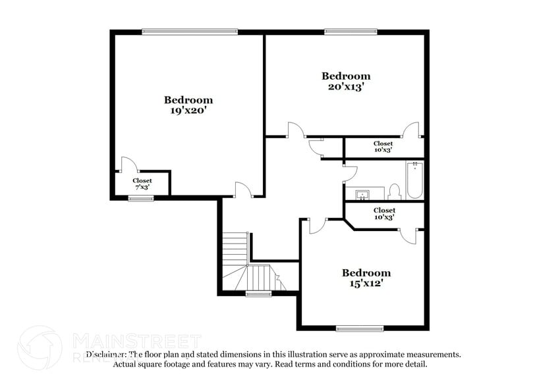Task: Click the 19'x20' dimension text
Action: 188,111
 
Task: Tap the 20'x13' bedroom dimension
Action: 345,86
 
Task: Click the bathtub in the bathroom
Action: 414,180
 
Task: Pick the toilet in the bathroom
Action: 395,192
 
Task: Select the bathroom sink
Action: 363,195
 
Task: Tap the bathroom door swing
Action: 350,174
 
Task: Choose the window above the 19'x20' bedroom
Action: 190,31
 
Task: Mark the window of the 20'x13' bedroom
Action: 351,31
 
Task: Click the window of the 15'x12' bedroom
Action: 360,328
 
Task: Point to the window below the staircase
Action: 259,294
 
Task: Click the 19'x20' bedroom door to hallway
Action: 244,190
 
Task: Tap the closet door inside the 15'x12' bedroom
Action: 409,236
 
